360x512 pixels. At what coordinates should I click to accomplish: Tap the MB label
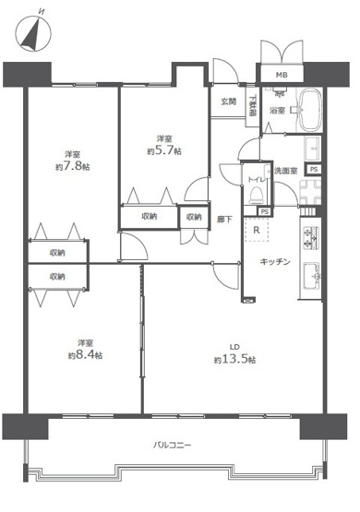278,76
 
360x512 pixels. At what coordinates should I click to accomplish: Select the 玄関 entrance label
228,101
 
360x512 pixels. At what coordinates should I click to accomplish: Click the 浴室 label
277,111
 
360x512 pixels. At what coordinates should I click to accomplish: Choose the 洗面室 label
285,172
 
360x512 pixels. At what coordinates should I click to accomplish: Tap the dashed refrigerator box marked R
256,230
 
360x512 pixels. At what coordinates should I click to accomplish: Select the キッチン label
276,261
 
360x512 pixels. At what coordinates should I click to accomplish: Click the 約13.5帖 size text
230,359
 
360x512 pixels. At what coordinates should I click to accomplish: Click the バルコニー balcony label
172,446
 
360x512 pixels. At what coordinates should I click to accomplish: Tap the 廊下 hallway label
224,220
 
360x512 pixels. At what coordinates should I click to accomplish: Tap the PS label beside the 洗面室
314,170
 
